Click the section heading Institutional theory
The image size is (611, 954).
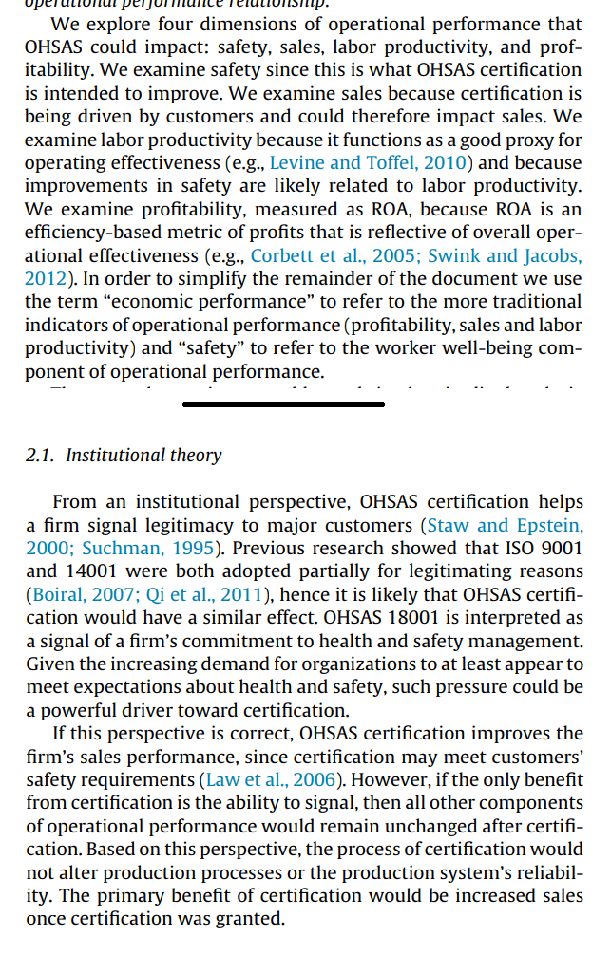click(143, 456)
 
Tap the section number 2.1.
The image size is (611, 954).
click(40, 456)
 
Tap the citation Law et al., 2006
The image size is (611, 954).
click(270, 779)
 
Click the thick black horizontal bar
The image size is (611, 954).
click(283, 404)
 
